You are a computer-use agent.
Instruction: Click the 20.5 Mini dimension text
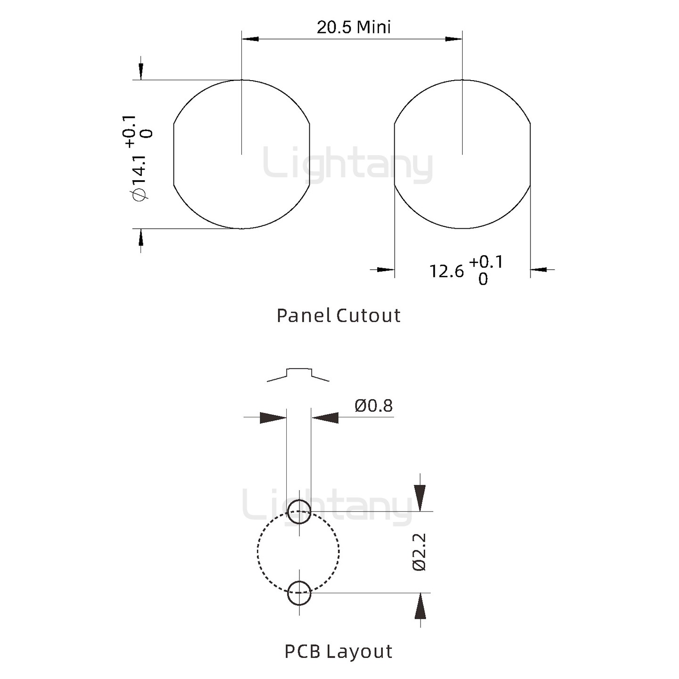[354, 27]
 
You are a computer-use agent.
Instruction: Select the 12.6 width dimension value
[446, 271]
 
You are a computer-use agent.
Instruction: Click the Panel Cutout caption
[339, 315]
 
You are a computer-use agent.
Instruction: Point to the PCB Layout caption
[339, 651]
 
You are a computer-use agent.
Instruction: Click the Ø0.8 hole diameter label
[373, 406]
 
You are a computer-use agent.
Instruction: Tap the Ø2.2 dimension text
[419, 552]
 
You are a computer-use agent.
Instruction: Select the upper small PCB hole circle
[299, 512]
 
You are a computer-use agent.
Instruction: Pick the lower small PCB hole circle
[299, 593]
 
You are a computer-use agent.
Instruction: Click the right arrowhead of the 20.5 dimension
[454, 39]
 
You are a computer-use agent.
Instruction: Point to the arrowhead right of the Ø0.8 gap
[325, 418]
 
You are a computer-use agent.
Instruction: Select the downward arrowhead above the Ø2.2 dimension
[420, 497]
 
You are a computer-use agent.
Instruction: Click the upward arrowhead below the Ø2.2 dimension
[420, 606]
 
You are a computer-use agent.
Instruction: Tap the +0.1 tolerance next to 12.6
[486, 262]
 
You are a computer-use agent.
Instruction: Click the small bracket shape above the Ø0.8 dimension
[298, 374]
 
